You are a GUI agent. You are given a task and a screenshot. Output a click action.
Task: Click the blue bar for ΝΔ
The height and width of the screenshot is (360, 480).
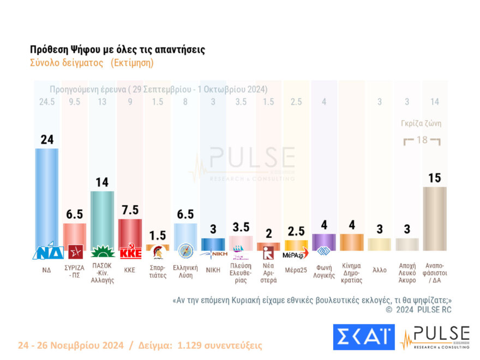coord(47,196)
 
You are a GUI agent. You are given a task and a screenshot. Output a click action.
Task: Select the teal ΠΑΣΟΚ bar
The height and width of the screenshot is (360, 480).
coord(102,218)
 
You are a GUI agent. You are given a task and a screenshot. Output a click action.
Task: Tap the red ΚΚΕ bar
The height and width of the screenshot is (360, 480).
coord(130,232)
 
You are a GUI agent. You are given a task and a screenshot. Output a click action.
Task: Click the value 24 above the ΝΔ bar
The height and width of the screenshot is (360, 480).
coord(47,140)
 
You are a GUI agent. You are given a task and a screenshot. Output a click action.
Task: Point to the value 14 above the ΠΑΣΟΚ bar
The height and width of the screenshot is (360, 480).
coord(102,182)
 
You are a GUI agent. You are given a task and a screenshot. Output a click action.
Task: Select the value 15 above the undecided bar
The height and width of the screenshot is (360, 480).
coord(435,178)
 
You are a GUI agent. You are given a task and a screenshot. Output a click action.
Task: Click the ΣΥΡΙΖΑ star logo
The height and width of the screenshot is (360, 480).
coord(75,252)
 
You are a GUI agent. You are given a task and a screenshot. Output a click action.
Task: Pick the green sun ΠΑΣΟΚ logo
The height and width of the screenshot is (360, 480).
coord(102,252)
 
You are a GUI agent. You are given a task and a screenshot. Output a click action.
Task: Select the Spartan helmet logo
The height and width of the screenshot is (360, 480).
coord(158,252)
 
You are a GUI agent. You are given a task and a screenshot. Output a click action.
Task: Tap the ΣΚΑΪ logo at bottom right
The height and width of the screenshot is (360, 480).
coord(363,337)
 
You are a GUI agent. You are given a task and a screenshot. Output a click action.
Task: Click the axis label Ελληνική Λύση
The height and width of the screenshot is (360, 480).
coord(185,271)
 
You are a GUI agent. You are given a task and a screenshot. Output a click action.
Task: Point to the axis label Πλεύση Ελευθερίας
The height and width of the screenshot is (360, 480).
coord(241,273)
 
